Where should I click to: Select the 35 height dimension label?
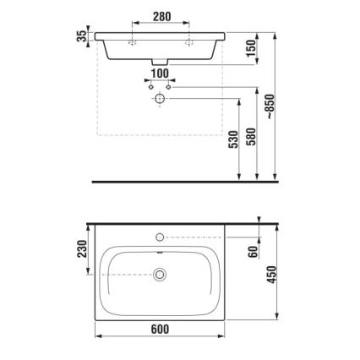point(81,38)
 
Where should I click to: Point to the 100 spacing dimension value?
point(158,74)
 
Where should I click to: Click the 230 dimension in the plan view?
point(81,251)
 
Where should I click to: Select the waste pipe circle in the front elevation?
point(159,99)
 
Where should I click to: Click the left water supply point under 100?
point(150,87)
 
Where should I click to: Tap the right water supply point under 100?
point(168,87)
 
